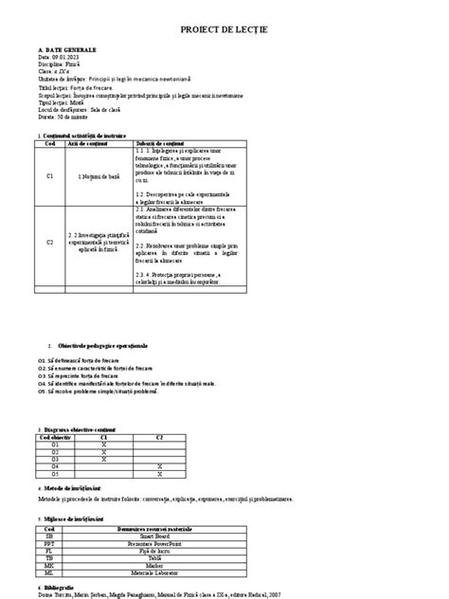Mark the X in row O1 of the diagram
point(103,444)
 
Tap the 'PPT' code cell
point(49,543)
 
